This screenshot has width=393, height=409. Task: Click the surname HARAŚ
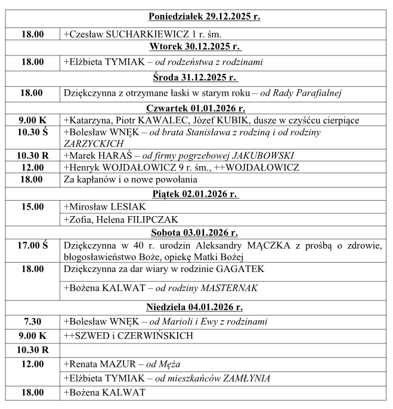pos(115,155)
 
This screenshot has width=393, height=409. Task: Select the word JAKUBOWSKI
pos(267,155)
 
